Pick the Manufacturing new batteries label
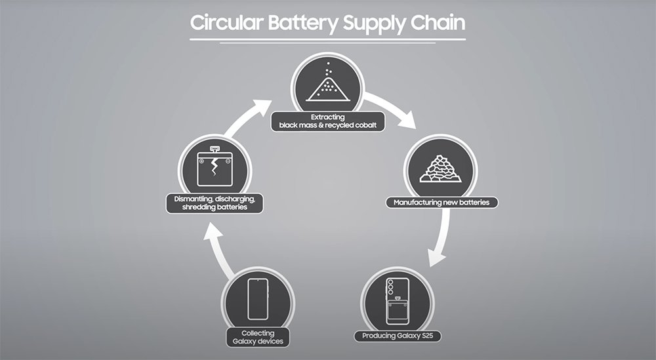441,202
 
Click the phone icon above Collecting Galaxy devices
256,298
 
